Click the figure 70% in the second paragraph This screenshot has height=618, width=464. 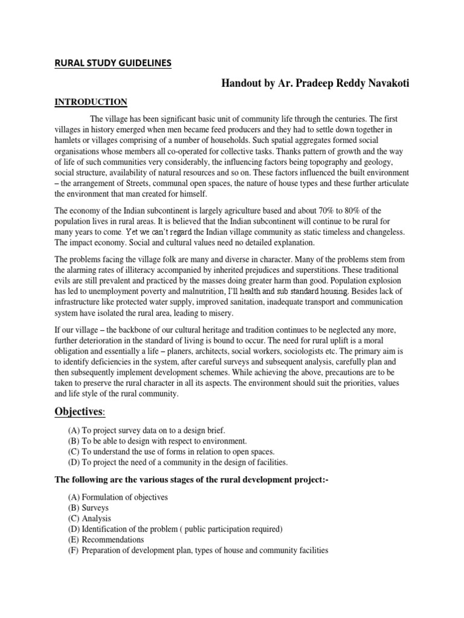332,211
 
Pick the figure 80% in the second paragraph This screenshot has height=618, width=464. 367,211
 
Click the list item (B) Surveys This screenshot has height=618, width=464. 88,508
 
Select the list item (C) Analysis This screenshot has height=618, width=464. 89,518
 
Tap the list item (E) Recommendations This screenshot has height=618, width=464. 106,540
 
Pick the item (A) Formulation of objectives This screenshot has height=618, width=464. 118,497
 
